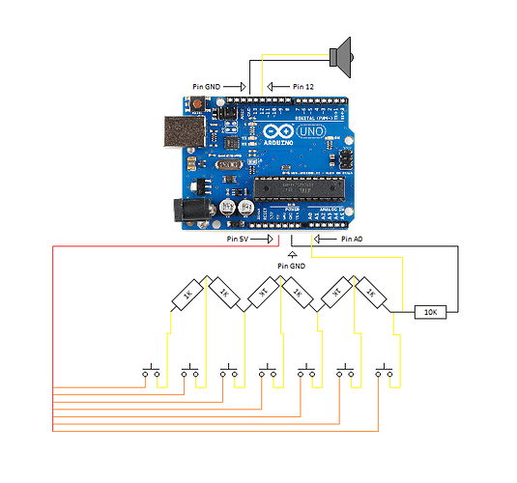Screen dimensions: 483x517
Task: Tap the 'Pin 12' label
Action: tap(302, 87)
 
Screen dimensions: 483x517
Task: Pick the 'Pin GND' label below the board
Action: tap(290, 265)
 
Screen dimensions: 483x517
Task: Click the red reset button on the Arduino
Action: tap(197, 103)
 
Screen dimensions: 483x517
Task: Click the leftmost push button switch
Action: tap(152, 372)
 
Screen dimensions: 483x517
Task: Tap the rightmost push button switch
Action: tap(388, 372)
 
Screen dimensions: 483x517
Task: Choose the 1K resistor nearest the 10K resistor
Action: tap(371, 294)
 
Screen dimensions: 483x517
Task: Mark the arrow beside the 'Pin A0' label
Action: tap(325, 237)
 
